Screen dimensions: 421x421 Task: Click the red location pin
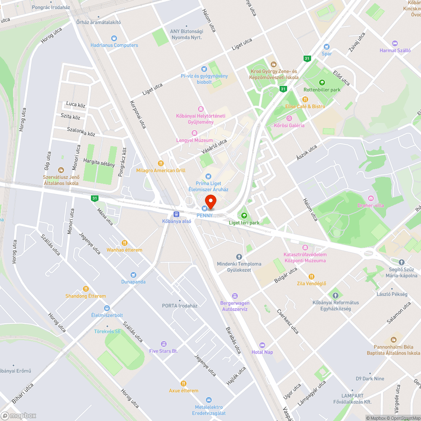[x=210, y=202]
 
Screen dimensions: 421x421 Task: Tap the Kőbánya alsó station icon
[x=177, y=214]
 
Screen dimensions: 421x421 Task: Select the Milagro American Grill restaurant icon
[x=160, y=163]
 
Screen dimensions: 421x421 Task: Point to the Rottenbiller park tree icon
[x=322, y=83]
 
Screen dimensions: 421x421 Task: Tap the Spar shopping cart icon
[x=326, y=47]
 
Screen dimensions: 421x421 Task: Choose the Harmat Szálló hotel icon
[x=394, y=43]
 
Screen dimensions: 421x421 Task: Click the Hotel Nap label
[x=262, y=352]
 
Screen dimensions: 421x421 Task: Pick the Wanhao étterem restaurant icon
[x=124, y=242]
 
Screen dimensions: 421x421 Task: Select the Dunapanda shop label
[x=133, y=282]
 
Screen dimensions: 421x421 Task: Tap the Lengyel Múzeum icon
[x=194, y=133]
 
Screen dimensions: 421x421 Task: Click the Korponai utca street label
[x=138, y=115]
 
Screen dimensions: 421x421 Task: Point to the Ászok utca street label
[x=306, y=152]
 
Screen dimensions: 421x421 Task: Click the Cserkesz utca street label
[x=288, y=322]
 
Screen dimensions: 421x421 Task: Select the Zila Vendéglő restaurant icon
[x=312, y=277]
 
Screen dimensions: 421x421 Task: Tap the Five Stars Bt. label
[x=163, y=351]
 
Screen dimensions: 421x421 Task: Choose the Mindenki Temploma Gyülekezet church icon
[x=239, y=256]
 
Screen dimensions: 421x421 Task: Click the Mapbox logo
[x=19, y=416]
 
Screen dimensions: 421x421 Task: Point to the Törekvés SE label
[x=107, y=331]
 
